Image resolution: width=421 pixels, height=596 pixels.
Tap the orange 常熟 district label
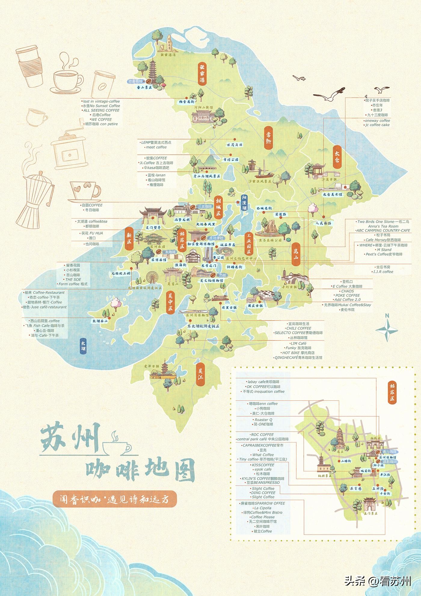[x=269, y=138]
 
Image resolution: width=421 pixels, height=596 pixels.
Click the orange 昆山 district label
[x=296, y=254]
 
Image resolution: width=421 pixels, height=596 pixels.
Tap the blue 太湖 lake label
[x=83, y=347]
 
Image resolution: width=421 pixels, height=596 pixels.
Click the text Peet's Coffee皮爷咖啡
[x=384, y=254]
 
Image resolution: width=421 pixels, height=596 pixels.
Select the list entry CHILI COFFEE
[x=299, y=328]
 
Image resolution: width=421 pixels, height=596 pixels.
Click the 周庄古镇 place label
[x=255, y=306]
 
